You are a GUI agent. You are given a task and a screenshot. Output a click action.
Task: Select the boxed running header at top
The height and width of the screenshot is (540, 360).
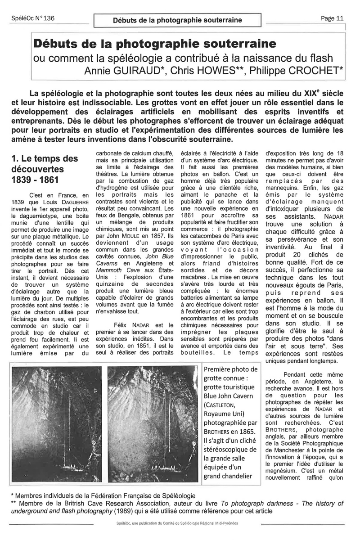pos(177,20)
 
